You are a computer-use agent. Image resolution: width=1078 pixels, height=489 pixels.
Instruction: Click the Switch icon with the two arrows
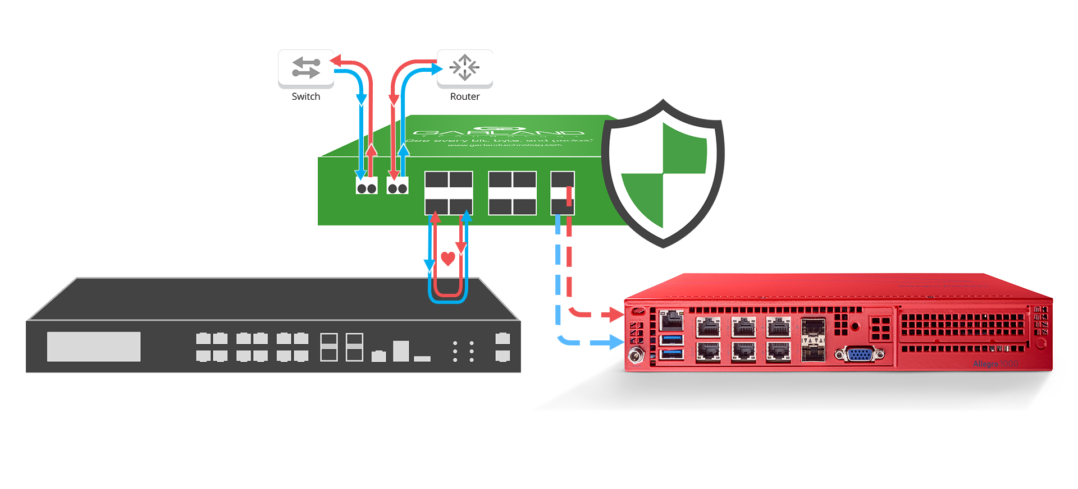pyautogui.click(x=306, y=68)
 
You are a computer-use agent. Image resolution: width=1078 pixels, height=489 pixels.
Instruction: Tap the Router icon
pyautogui.click(x=464, y=68)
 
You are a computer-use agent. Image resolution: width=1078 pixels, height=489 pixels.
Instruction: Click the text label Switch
pyautogui.click(x=306, y=96)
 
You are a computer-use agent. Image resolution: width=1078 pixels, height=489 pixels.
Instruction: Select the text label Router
pyautogui.click(x=465, y=96)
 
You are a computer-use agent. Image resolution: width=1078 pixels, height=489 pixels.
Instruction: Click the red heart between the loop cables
pyautogui.click(x=447, y=259)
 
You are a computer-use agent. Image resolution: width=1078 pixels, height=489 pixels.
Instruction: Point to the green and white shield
pyautogui.click(x=663, y=174)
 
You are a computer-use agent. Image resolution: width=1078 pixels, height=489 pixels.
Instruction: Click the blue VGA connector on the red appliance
pyautogui.click(x=859, y=354)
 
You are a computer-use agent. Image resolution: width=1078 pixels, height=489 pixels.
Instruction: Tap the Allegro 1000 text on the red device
pyautogui.click(x=995, y=363)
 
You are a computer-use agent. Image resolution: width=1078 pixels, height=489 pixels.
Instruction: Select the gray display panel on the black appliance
pyautogui.click(x=94, y=346)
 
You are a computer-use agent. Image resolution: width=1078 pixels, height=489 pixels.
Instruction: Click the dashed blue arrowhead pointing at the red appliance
pyautogui.click(x=615, y=342)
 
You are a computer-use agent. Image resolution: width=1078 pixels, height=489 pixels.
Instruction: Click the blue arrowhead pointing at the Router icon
pyautogui.click(x=436, y=69)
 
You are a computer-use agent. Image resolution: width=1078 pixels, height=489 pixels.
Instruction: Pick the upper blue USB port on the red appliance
pyautogui.click(x=672, y=339)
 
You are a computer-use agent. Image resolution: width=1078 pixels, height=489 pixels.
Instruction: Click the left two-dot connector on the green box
pyautogui.click(x=367, y=187)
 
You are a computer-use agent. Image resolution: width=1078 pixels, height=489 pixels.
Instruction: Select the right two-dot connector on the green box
pyautogui.click(x=398, y=187)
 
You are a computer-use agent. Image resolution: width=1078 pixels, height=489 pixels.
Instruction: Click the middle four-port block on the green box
pyautogui.click(x=512, y=193)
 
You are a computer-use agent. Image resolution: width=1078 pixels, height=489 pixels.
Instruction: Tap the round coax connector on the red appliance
pyautogui.click(x=636, y=356)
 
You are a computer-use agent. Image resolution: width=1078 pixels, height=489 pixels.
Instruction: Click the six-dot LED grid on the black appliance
pyautogui.click(x=463, y=351)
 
